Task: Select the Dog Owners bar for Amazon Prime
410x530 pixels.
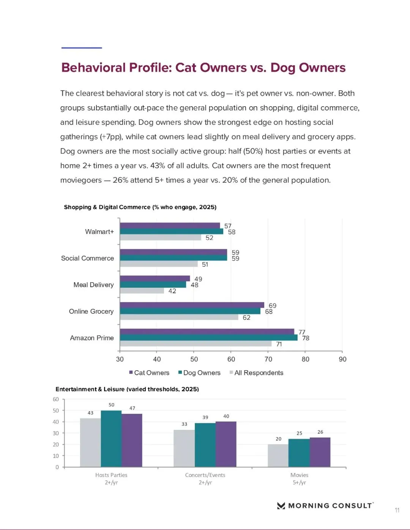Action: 208,338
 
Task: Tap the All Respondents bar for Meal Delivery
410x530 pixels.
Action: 142,291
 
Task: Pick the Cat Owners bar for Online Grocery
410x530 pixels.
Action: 192,305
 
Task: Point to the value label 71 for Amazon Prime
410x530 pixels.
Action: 279,344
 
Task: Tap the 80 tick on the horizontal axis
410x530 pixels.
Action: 305,359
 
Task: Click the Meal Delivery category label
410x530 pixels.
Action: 93,285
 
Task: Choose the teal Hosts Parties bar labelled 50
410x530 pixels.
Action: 111,439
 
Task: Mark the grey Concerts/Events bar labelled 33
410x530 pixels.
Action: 184,448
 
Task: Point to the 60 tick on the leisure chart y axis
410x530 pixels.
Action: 56,399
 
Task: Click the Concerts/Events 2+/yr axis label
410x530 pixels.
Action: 205,478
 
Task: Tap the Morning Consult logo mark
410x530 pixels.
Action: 281,505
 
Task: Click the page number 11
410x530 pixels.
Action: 397,510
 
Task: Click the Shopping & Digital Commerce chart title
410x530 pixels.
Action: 140,207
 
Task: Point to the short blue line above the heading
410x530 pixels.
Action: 82,48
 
